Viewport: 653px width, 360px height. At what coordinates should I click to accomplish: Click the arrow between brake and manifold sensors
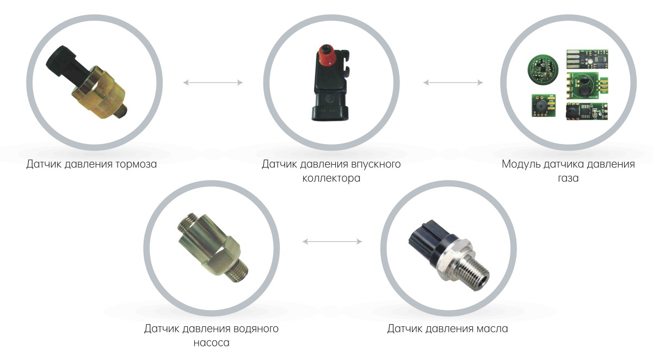click(x=213, y=83)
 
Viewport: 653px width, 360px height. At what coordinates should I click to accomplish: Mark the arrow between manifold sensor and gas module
click(x=453, y=83)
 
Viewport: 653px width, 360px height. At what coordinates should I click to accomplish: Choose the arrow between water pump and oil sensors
click(x=332, y=241)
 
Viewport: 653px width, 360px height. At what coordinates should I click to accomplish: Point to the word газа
click(x=568, y=178)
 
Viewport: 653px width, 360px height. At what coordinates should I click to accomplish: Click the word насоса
click(x=211, y=343)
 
